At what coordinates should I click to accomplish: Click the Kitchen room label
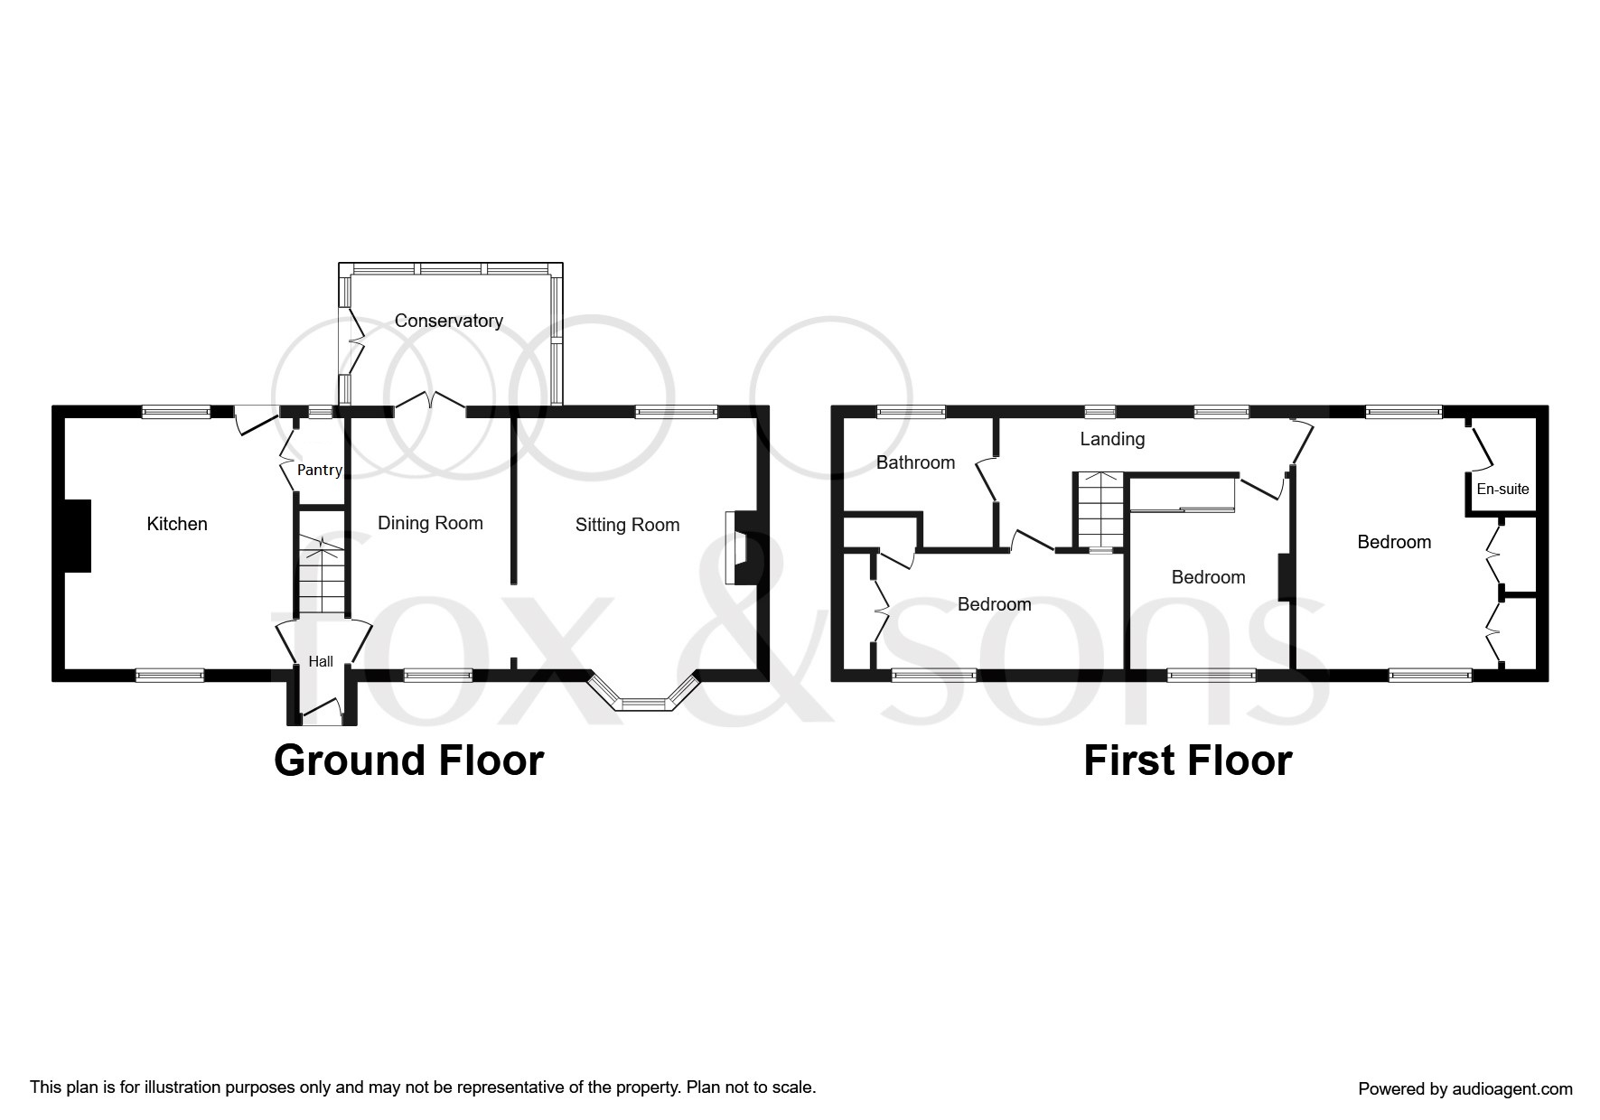point(177,524)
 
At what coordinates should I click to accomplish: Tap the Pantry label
point(320,470)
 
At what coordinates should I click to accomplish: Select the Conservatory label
point(448,321)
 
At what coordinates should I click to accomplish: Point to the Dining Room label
point(430,523)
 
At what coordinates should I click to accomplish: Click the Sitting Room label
point(627,525)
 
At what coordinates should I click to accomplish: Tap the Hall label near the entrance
point(321,661)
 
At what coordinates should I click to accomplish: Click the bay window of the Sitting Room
point(644,701)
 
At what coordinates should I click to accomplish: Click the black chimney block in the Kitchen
point(78,536)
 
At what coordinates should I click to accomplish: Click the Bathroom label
point(915,462)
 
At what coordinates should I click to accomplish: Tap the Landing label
point(1112,439)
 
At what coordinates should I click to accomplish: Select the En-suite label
point(1502,489)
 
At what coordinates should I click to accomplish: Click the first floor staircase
point(1099,510)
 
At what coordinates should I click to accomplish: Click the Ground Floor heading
point(408,761)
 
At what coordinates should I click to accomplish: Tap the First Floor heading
point(1187,761)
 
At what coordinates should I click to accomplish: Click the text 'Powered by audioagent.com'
point(1464,1088)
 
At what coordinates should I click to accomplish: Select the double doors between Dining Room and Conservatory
point(430,402)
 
